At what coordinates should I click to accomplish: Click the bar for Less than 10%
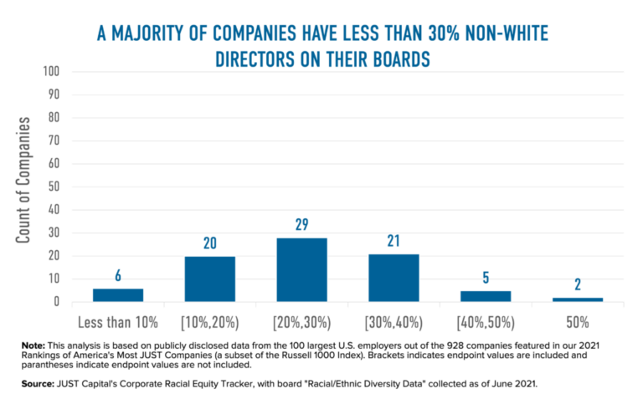(117, 294)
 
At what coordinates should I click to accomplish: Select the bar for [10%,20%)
(209, 279)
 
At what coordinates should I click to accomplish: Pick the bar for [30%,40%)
(394, 278)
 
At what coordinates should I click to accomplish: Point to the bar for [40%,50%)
(486, 296)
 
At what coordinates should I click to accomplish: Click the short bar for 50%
(578, 299)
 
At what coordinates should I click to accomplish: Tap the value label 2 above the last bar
(578, 285)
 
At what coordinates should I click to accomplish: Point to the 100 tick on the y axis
(49, 72)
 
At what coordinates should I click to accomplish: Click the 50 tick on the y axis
(52, 187)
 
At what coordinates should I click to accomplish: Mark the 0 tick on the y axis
(55, 301)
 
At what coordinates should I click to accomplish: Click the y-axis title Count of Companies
(24, 180)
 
